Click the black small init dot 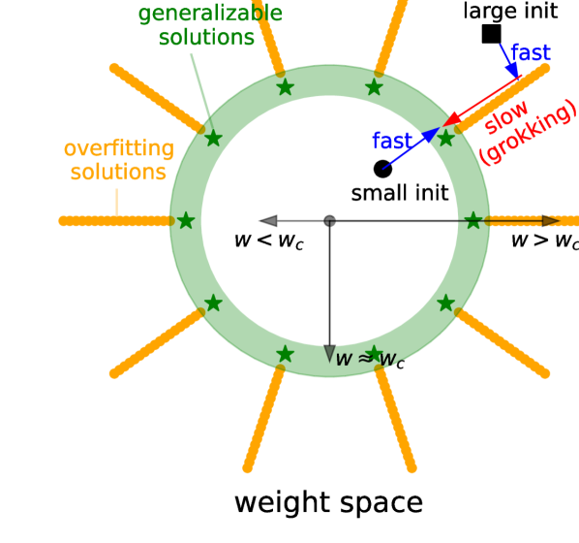[x=382, y=169]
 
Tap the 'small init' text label [x=400, y=193]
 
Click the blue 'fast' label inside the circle [x=392, y=141]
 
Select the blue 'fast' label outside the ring [x=532, y=53]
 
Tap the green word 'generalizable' [x=210, y=14]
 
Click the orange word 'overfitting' [x=118, y=149]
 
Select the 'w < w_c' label [x=268, y=240]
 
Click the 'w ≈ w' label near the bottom [x=366, y=359]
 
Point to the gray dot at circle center [x=329, y=221]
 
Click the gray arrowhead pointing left [x=268, y=221]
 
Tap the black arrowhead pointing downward [x=329, y=354]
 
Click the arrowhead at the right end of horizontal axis [x=551, y=221]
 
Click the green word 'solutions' [x=206, y=38]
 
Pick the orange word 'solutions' [x=118, y=173]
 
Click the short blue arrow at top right [x=509, y=59]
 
